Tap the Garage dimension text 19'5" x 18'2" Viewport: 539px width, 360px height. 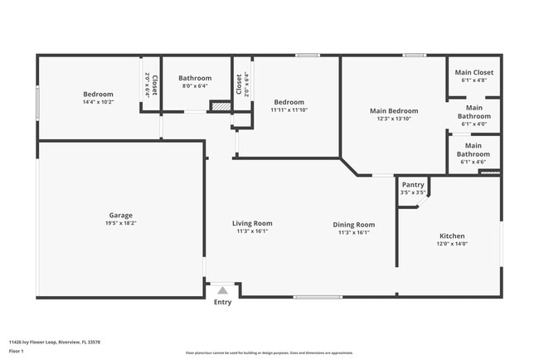point(120,223)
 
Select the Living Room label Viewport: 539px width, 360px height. point(251,223)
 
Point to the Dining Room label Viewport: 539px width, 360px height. point(354,224)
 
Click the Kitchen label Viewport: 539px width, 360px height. point(452,236)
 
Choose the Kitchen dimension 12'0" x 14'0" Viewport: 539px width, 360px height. point(452,244)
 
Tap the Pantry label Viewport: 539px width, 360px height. point(413,185)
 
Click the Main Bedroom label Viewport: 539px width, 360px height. point(394,110)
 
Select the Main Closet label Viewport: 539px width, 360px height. point(473,72)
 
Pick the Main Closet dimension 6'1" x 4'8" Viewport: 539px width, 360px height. point(473,80)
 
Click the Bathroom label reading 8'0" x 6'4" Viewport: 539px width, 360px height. point(195,78)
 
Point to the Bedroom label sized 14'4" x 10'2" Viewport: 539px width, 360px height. point(98,94)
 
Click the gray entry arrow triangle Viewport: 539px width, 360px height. point(222,290)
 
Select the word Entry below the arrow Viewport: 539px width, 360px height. point(222,302)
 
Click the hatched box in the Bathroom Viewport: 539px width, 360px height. point(220,106)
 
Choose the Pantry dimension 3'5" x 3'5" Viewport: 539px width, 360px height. point(413,192)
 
